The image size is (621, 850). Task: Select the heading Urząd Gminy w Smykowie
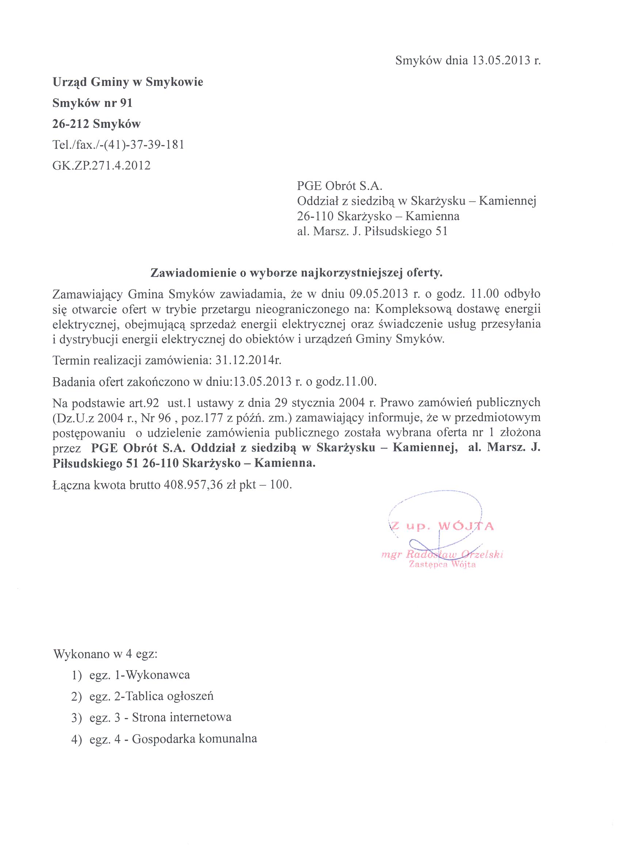pyautogui.click(x=128, y=82)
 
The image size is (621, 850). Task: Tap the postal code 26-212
pyautogui.click(x=70, y=124)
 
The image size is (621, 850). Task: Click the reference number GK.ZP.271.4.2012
pyautogui.click(x=102, y=166)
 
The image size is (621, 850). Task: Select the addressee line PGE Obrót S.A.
pyautogui.click(x=339, y=186)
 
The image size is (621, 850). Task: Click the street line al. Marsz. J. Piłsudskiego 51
pyautogui.click(x=372, y=231)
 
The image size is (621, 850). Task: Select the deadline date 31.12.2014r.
pyautogui.click(x=248, y=361)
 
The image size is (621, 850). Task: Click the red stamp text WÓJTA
pyautogui.click(x=466, y=526)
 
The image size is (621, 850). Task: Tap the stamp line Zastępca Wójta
pyautogui.click(x=442, y=565)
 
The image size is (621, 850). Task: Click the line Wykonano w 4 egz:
pyautogui.click(x=105, y=654)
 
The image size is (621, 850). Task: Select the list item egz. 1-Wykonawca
pyautogui.click(x=140, y=675)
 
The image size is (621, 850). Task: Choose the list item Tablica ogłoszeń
pyautogui.click(x=169, y=696)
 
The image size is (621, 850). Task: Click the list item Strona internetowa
pyautogui.click(x=181, y=717)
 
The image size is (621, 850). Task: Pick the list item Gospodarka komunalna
pyautogui.click(x=194, y=739)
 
